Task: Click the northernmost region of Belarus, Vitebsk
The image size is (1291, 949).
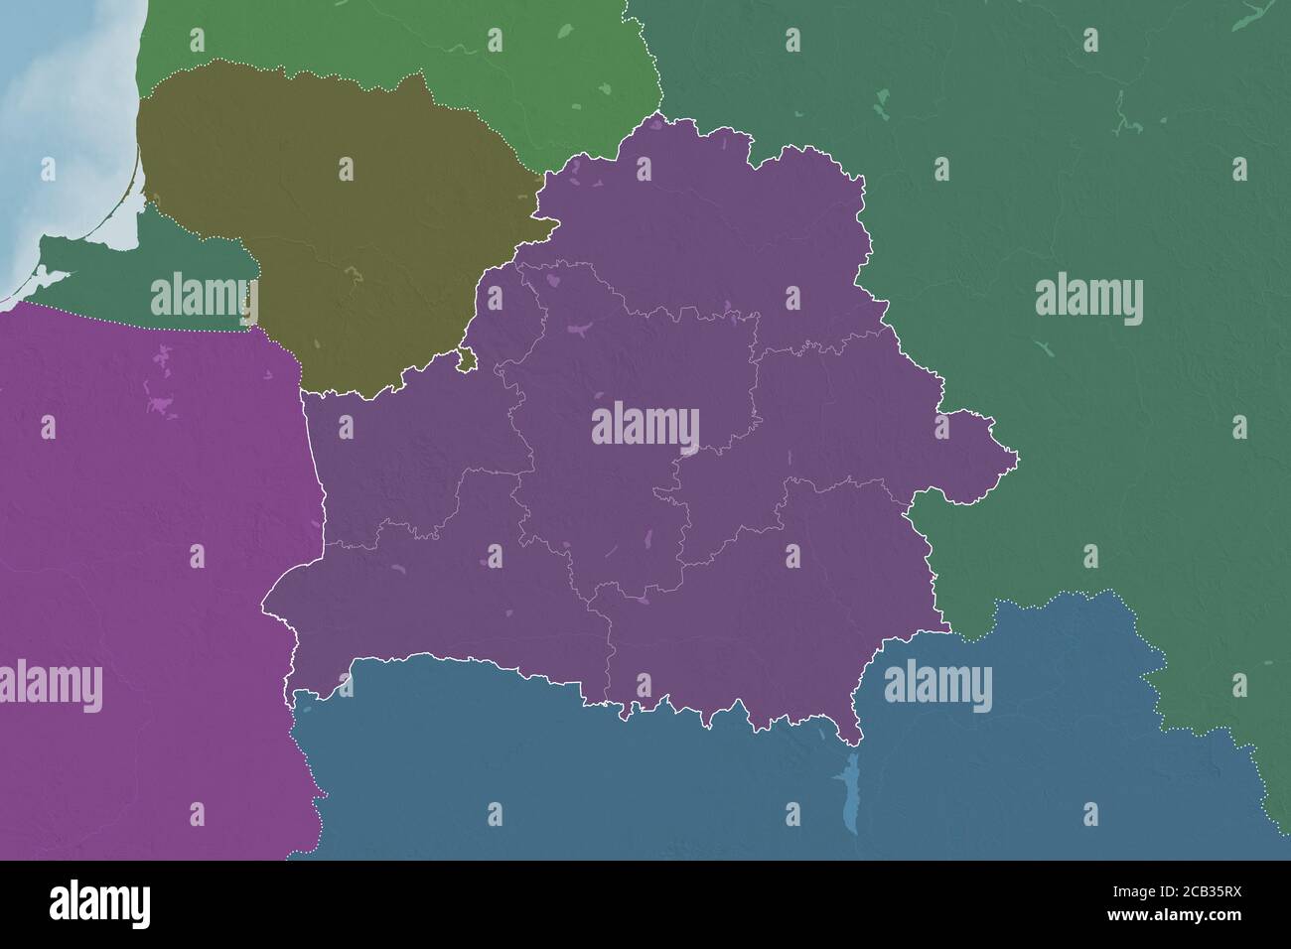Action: coord(695,228)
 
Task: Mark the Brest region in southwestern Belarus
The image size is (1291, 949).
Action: coord(427,606)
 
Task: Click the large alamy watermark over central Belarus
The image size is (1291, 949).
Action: coord(645,428)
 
